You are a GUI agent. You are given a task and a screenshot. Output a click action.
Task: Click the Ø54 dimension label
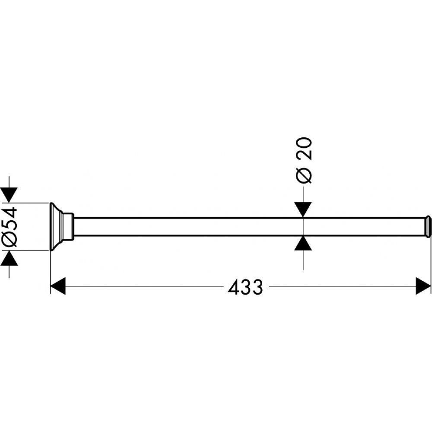click(x=10, y=226)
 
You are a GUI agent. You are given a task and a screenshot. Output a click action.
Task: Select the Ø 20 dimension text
click(x=303, y=160)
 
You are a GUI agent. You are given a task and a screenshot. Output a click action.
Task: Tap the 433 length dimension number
click(x=245, y=287)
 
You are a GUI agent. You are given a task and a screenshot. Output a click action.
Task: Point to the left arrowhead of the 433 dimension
click(x=58, y=286)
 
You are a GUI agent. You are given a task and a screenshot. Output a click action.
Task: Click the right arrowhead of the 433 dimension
click(x=423, y=286)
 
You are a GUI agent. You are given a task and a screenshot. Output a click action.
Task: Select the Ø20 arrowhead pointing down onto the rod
click(x=303, y=210)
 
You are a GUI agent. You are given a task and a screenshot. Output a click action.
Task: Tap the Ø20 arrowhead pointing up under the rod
click(x=303, y=244)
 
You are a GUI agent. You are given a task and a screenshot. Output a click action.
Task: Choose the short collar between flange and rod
click(x=67, y=226)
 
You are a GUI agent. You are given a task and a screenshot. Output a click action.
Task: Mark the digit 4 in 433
click(x=234, y=287)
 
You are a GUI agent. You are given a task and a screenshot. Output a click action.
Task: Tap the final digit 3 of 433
click(x=257, y=287)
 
